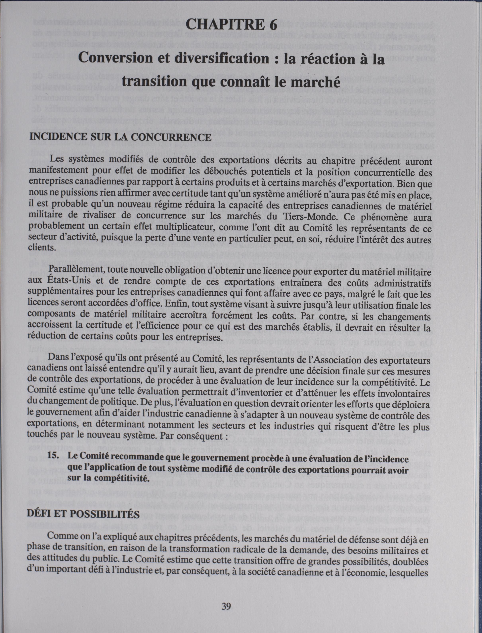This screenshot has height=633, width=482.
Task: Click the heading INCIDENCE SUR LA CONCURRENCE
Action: click(x=120, y=137)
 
